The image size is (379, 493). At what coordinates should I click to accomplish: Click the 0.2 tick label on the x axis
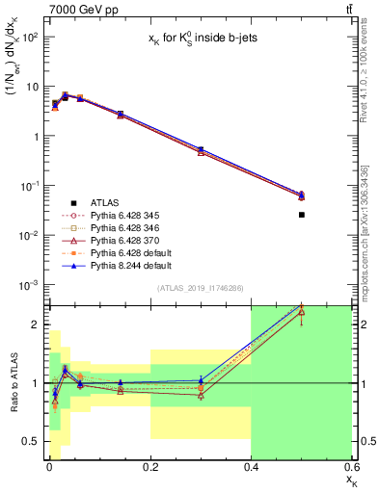150,469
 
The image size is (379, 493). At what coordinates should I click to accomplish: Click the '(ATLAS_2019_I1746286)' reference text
200,288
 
